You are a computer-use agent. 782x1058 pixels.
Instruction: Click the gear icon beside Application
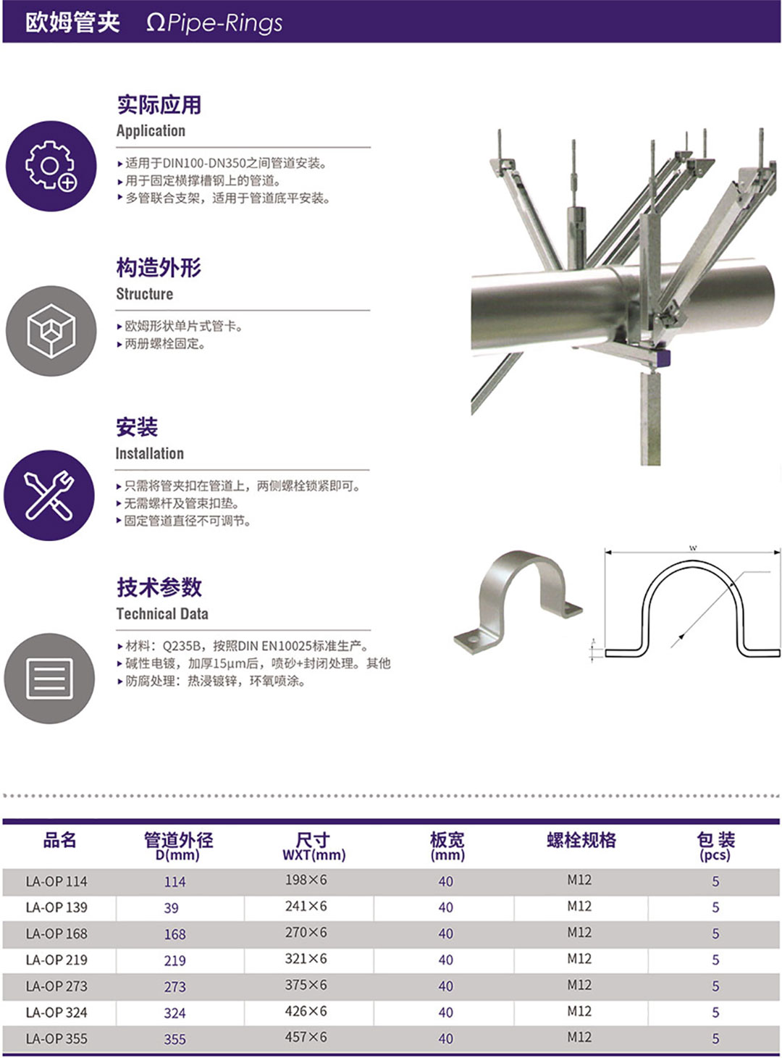tap(51, 166)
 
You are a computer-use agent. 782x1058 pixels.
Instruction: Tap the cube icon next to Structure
tap(51, 330)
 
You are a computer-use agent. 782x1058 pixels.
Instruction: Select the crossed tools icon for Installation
tap(49, 495)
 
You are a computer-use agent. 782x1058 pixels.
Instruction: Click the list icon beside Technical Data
tap(50, 679)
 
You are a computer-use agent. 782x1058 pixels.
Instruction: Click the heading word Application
tap(151, 131)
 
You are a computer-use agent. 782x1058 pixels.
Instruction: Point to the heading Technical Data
tap(162, 613)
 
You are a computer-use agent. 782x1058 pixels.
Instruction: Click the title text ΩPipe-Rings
tap(215, 23)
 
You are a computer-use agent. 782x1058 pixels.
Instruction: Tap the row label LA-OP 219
tap(56, 960)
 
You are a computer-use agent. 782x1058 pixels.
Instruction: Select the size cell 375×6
tap(306, 985)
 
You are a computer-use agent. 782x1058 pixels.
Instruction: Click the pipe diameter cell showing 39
tap(172, 908)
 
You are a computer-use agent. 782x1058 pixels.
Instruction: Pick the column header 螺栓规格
tap(581, 839)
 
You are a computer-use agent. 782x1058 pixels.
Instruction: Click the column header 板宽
tap(447, 839)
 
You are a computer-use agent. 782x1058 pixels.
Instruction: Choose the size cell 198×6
tap(306, 880)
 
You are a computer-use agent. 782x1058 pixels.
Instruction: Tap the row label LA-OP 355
tap(56, 1038)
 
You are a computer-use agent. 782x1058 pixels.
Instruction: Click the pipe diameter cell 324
tap(175, 1012)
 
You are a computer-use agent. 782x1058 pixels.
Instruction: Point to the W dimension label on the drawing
tap(693, 548)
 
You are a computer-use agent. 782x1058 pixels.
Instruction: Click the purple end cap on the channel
tap(664, 357)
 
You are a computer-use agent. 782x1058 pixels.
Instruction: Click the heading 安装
tap(137, 427)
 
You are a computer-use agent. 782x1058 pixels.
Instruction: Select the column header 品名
tap(59, 839)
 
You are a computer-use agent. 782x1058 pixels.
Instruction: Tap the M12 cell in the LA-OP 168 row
tap(579, 932)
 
